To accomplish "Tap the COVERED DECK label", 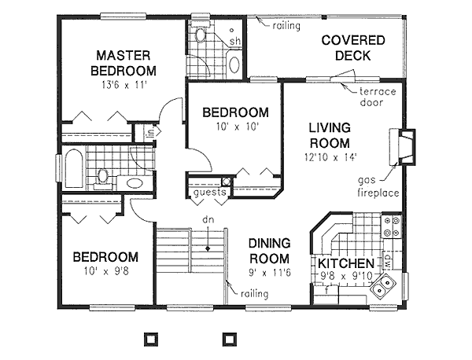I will coord(352,48).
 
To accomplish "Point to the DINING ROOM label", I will coord(269,251).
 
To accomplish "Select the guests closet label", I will coord(208,191).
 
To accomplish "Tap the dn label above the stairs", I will coord(208,221).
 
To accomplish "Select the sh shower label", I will coord(234,41).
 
